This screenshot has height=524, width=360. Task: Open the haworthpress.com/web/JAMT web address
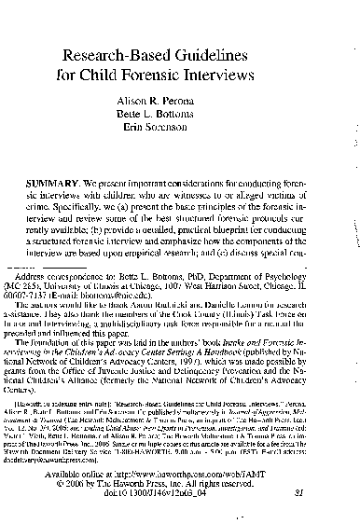[x=223, y=489]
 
